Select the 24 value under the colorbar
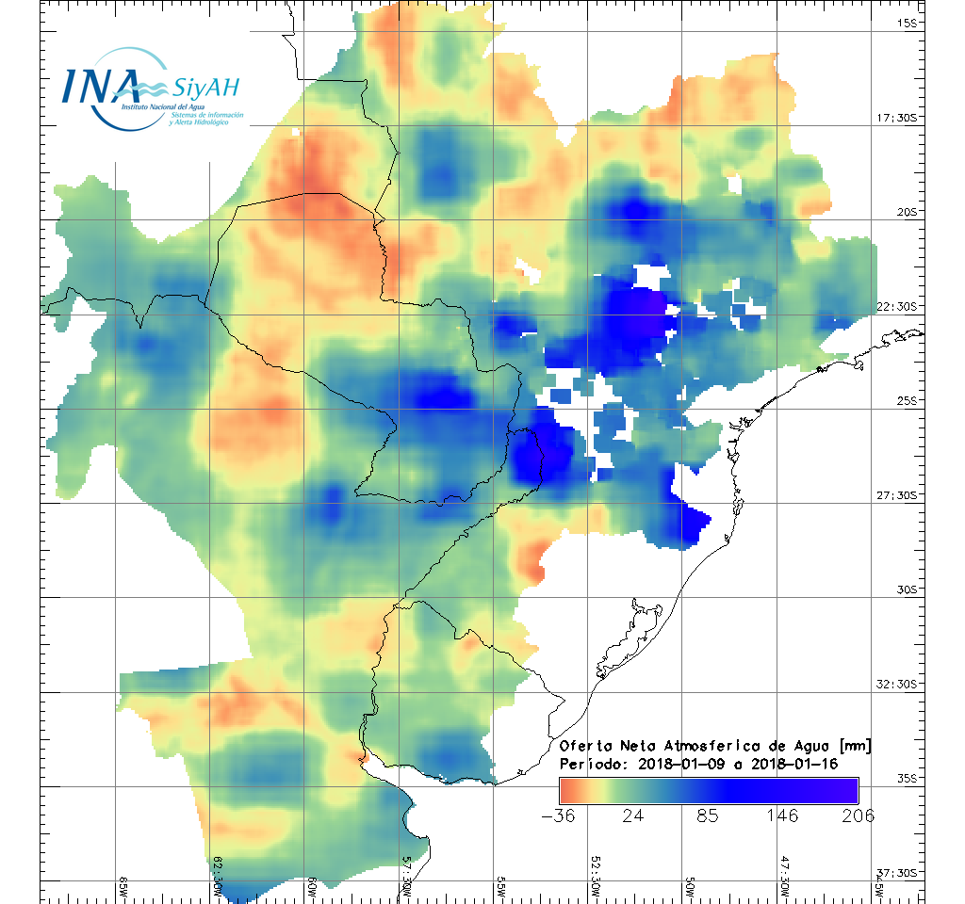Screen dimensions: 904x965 tap(633, 815)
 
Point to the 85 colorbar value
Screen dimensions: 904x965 tap(708, 815)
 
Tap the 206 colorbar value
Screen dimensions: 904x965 tap(857, 815)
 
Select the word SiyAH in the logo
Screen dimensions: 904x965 tap(205, 89)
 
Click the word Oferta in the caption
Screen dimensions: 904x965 tap(588, 746)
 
